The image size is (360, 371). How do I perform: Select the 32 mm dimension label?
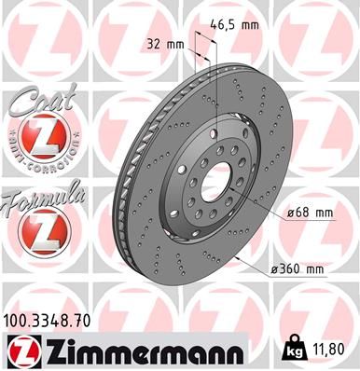166,43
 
